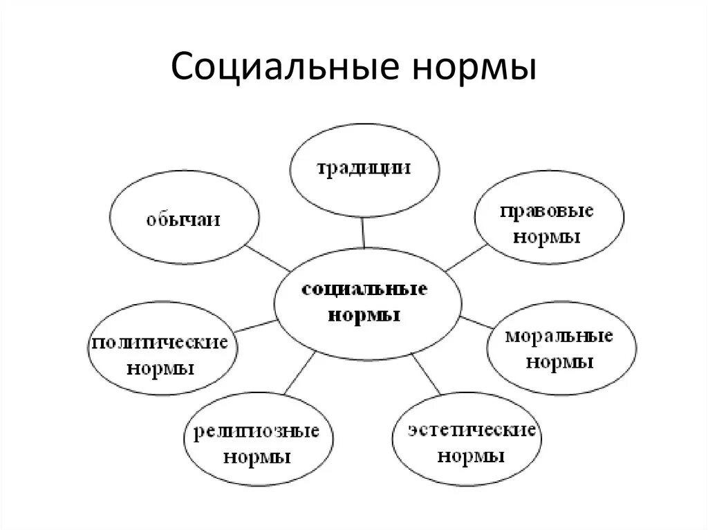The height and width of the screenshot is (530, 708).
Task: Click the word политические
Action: coord(159,343)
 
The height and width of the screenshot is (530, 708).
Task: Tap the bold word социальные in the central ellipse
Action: coord(365,290)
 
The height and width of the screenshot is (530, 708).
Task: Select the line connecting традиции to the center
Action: coord(363,231)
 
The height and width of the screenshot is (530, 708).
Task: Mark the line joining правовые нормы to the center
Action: coord(466,256)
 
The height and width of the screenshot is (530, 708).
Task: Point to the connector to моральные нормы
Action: coord(474,321)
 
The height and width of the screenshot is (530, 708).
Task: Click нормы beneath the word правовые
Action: coord(546,237)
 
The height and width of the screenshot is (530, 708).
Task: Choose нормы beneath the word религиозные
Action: coord(257,457)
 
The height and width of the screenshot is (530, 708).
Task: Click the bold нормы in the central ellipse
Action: coord(365,315)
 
